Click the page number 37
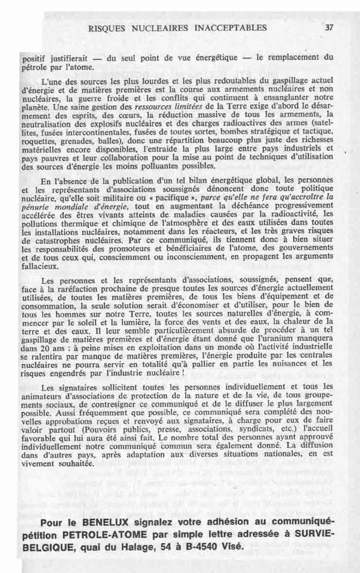pos(329,27)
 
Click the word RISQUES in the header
pos(106,27)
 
